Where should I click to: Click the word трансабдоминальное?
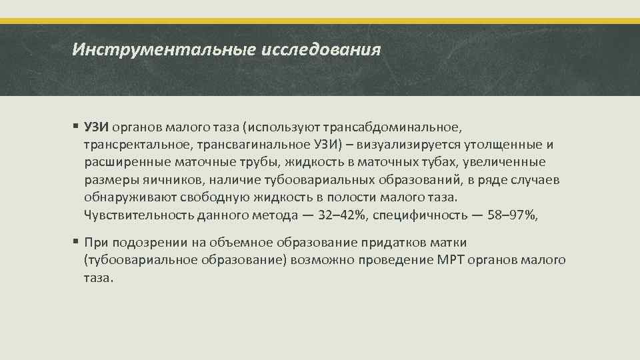(x=381, y=127)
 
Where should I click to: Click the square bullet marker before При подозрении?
(x=76, y=242)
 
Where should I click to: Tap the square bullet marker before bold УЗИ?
(x=76, y=127)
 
